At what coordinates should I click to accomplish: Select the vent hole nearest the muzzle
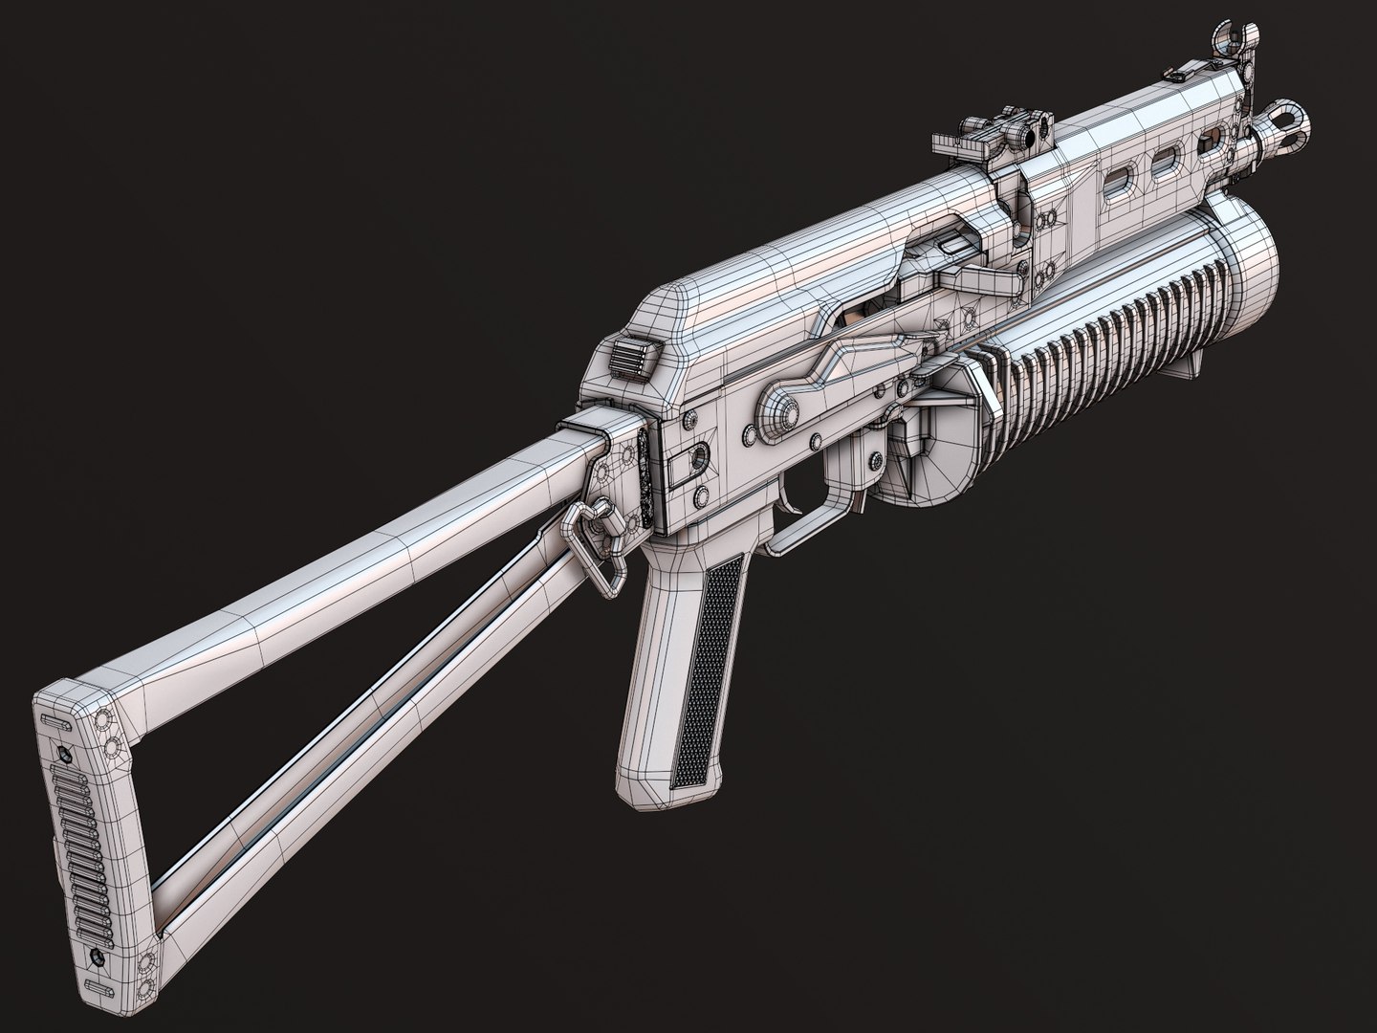coord(1213,142)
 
